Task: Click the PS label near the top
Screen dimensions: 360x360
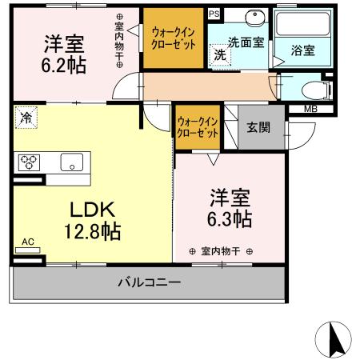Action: pos(213,14)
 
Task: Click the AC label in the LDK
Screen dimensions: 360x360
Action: pos(28,241)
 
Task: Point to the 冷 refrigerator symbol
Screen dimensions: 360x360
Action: pos(26,119)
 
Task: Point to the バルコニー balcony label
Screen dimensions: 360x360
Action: pos(149,282)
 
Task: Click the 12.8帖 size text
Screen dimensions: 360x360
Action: pos(94,232)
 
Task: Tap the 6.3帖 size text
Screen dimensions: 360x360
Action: pos(231,218)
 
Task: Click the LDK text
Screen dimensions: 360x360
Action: pos(94,210)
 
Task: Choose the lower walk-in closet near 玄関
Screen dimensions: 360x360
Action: pos(198,127)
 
